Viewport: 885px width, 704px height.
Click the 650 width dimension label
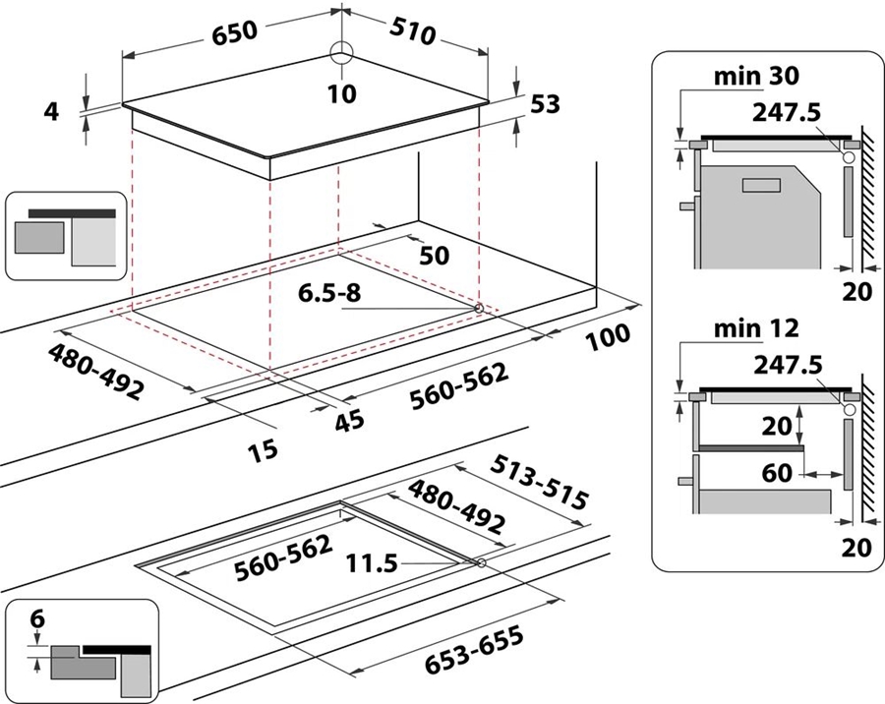(235, 32)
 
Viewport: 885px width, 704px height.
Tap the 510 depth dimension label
(413, 32)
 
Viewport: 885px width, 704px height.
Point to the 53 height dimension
(545, 104)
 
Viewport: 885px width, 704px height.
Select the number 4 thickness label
(51, 112)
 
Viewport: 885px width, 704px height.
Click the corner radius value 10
(342, 93)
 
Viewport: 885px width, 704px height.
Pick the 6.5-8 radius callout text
(329, 293)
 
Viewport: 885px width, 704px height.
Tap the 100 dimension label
(608, 337)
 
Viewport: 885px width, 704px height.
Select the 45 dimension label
(349, 421)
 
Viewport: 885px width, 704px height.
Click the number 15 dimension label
(263, 450)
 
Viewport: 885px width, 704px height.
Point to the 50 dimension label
(434, 256)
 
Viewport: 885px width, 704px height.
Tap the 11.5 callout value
(372, 562)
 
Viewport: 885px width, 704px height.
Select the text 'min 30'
(756, 77)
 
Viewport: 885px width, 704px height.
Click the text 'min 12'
(756, 328)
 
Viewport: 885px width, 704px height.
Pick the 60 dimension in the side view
(777, 473)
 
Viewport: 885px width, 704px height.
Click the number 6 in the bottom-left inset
(37, 619)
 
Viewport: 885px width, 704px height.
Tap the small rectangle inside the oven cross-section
(761, 185)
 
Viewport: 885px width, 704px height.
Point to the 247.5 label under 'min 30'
(787, 113)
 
